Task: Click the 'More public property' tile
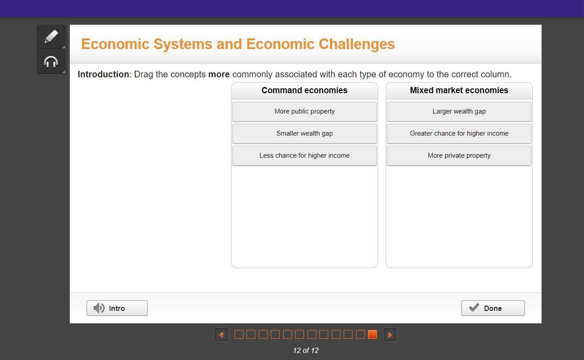coord(304,111)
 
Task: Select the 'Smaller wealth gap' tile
coord(304,133)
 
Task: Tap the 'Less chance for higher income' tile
coord(304,155)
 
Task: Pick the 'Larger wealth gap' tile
coord(459,111)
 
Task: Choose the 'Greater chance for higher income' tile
coord(459,133)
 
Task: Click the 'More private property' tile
coord(459,155)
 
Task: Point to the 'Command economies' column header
coord(304,91)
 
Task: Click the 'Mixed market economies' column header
coord(459,91)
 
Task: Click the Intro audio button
coord(117,308)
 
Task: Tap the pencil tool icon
coord(51,37)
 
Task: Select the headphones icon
coord(51,62)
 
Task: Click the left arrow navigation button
coord(221,334)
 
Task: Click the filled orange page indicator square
coord(372,334)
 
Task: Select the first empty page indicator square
coord(239,334)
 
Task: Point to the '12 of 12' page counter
coord(306,350)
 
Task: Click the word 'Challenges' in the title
coord(356,44)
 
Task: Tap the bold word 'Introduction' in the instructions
coord(103,74)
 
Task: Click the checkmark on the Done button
coord(474,307)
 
